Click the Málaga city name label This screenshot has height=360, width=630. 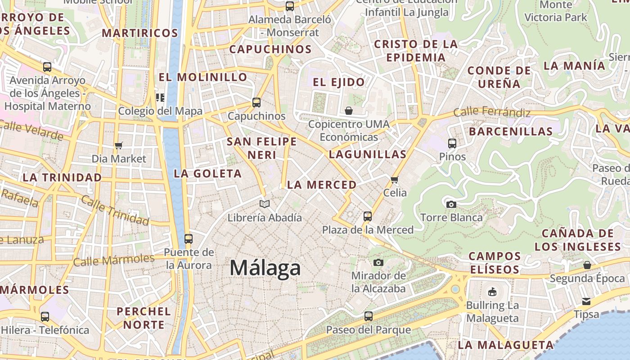pyautogui.click(x=265, y=268)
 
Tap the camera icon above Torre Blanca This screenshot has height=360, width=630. pyautogui.click(x=451, y=204)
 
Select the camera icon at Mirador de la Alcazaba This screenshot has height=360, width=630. pyautogui.click(x=378, y=262)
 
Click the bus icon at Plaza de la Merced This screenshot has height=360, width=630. pyautogui.click(x=367, y=216)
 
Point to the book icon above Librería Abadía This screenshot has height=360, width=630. pyautogui.click(x=265, y=204)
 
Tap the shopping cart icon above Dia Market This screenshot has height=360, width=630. pyautogui.click(x=119, y=145)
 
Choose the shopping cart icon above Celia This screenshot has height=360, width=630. pyautogui.click(x=395, y=180)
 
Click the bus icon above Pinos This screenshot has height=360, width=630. pyautogui.click(x=452, y=144)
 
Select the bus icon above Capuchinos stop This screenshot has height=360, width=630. pyautogui.click(x=256, y=103)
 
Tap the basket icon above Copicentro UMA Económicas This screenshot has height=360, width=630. pyautogui.click(x=349, y=110)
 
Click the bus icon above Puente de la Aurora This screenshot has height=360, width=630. pyautogui.click(x=188, y=238)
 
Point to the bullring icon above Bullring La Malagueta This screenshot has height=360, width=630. pyautogui.click(x=492, y=292)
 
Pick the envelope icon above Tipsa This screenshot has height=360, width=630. pyautogui.click(x=586, y=301)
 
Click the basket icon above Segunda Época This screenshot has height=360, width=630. pyautogui.click(x=587, y=265)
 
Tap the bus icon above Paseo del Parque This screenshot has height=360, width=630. pyautogui.click(x=368, y=316)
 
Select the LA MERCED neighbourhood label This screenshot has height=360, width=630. pyautogui.click(x=322, y=185)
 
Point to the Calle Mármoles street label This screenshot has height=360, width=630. pyautogui.click(x=114, y=260)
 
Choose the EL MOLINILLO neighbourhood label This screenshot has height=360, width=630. pyautogui.click(x=203, y=77)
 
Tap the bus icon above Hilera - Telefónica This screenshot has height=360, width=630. pyautogui.click(x=45, y=317)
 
